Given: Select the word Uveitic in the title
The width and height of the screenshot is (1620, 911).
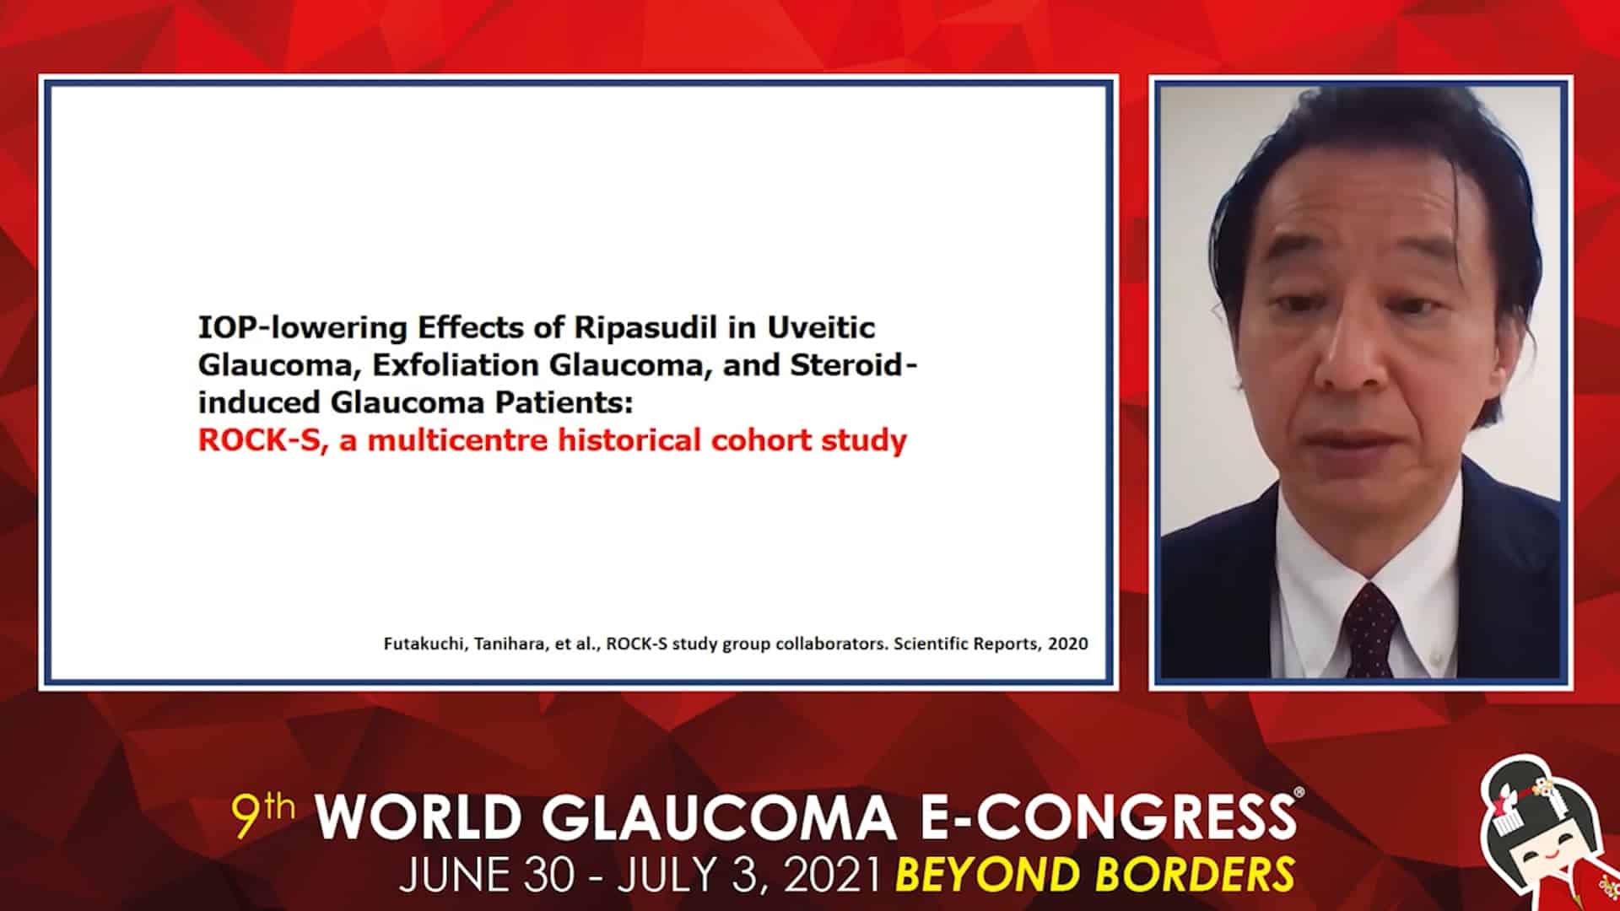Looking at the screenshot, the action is pyautogui.click(x=821, y=326).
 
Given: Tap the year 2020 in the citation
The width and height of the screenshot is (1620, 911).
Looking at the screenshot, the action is pyautogui.click(x=1068, y=644).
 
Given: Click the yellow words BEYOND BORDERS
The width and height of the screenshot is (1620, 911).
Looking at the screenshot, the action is pyautogui.click(x=1094, y=875).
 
